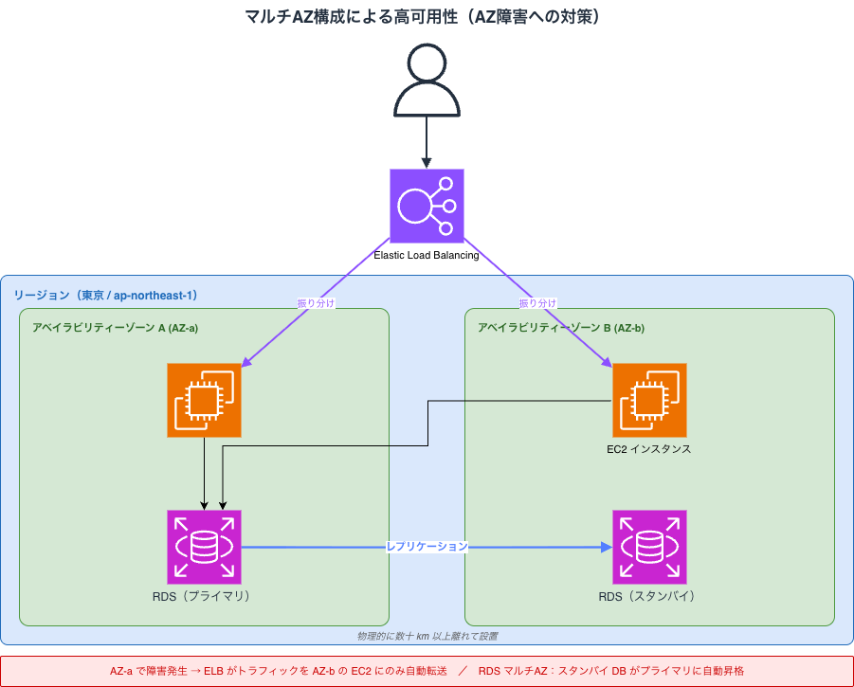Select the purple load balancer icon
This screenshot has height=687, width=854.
coord(427,206)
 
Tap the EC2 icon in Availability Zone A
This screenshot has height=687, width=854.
coord(205,400)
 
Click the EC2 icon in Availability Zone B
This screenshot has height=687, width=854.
coord(649,400)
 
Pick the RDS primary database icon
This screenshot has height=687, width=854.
coord(205,547)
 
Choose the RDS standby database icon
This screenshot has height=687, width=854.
coord(649,547)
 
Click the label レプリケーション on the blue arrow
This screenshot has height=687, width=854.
coord(427,547)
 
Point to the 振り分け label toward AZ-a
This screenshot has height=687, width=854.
coord(317,303)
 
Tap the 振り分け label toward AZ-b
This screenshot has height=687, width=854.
coord(537,303)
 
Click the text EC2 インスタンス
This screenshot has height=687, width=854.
coord(649,449)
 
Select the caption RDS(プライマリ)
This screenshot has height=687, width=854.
coord(205,597)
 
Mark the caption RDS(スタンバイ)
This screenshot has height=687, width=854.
coord(649,597)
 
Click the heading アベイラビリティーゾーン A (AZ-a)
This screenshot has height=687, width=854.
coord(115,328)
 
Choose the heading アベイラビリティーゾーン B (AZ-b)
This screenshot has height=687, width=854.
coord(560,328)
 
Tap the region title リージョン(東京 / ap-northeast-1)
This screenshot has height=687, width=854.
coord(105,296)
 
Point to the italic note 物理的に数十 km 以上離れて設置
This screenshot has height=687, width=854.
coord(427,636)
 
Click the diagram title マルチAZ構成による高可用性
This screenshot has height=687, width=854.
coord(427,16)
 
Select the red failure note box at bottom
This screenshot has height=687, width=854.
coord(427,671)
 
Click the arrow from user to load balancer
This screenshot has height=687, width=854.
coord(427,142)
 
